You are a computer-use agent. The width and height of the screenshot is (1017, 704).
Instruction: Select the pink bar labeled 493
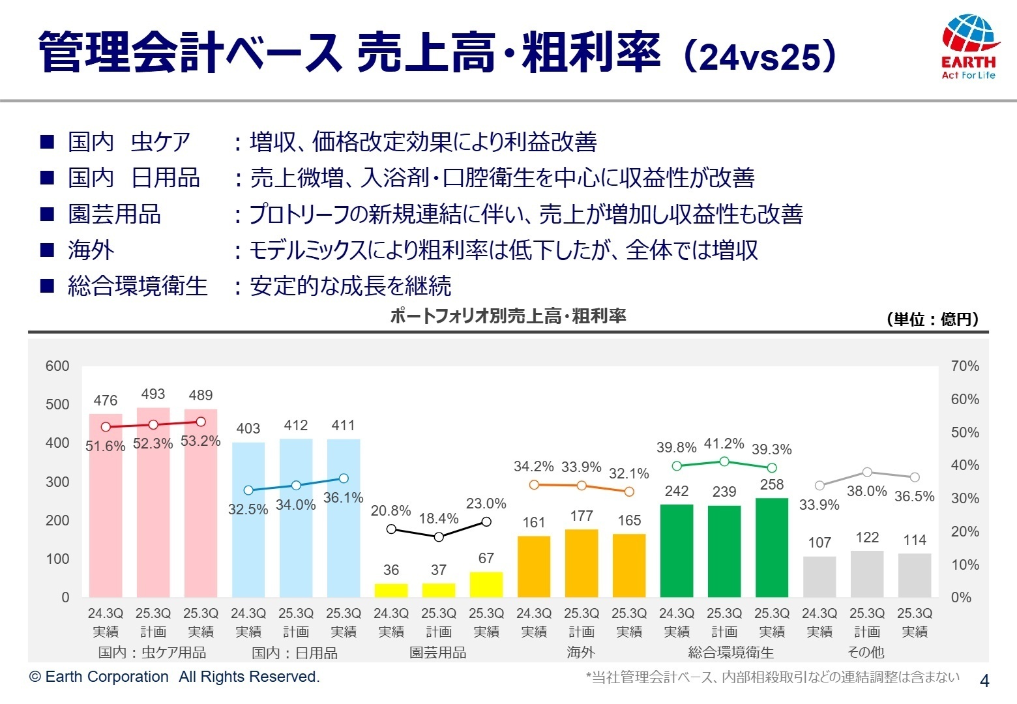(153, 502)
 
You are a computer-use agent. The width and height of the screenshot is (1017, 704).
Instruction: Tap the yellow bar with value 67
(486, 585)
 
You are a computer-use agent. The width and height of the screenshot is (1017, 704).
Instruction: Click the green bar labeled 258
(772, 548)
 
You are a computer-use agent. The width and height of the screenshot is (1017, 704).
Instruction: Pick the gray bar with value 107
(819, 577)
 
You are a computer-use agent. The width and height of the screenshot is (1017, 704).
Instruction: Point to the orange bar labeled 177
(582, 563)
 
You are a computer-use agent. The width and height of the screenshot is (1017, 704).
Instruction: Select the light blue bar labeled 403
(248, 520)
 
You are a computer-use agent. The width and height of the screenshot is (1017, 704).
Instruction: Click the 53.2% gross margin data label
(201, 441)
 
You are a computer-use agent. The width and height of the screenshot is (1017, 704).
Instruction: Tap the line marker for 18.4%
(439, 536)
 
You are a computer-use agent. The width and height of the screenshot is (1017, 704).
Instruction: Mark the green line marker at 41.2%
(724, 462)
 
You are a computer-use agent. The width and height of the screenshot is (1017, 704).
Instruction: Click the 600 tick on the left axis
(57, 366)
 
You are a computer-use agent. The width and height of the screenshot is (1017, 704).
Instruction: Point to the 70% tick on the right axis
(965, 366)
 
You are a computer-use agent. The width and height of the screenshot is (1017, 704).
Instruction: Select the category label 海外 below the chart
(581, 653)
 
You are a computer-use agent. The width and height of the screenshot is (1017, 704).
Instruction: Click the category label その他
(866, 653)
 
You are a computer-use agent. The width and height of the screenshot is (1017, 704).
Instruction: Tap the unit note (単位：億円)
(932, 319)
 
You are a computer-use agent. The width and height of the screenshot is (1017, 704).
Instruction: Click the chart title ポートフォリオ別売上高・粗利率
(508, 316)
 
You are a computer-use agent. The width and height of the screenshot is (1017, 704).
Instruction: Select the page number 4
(984, 681)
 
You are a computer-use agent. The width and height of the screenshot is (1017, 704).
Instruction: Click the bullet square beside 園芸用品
(47, 214)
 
